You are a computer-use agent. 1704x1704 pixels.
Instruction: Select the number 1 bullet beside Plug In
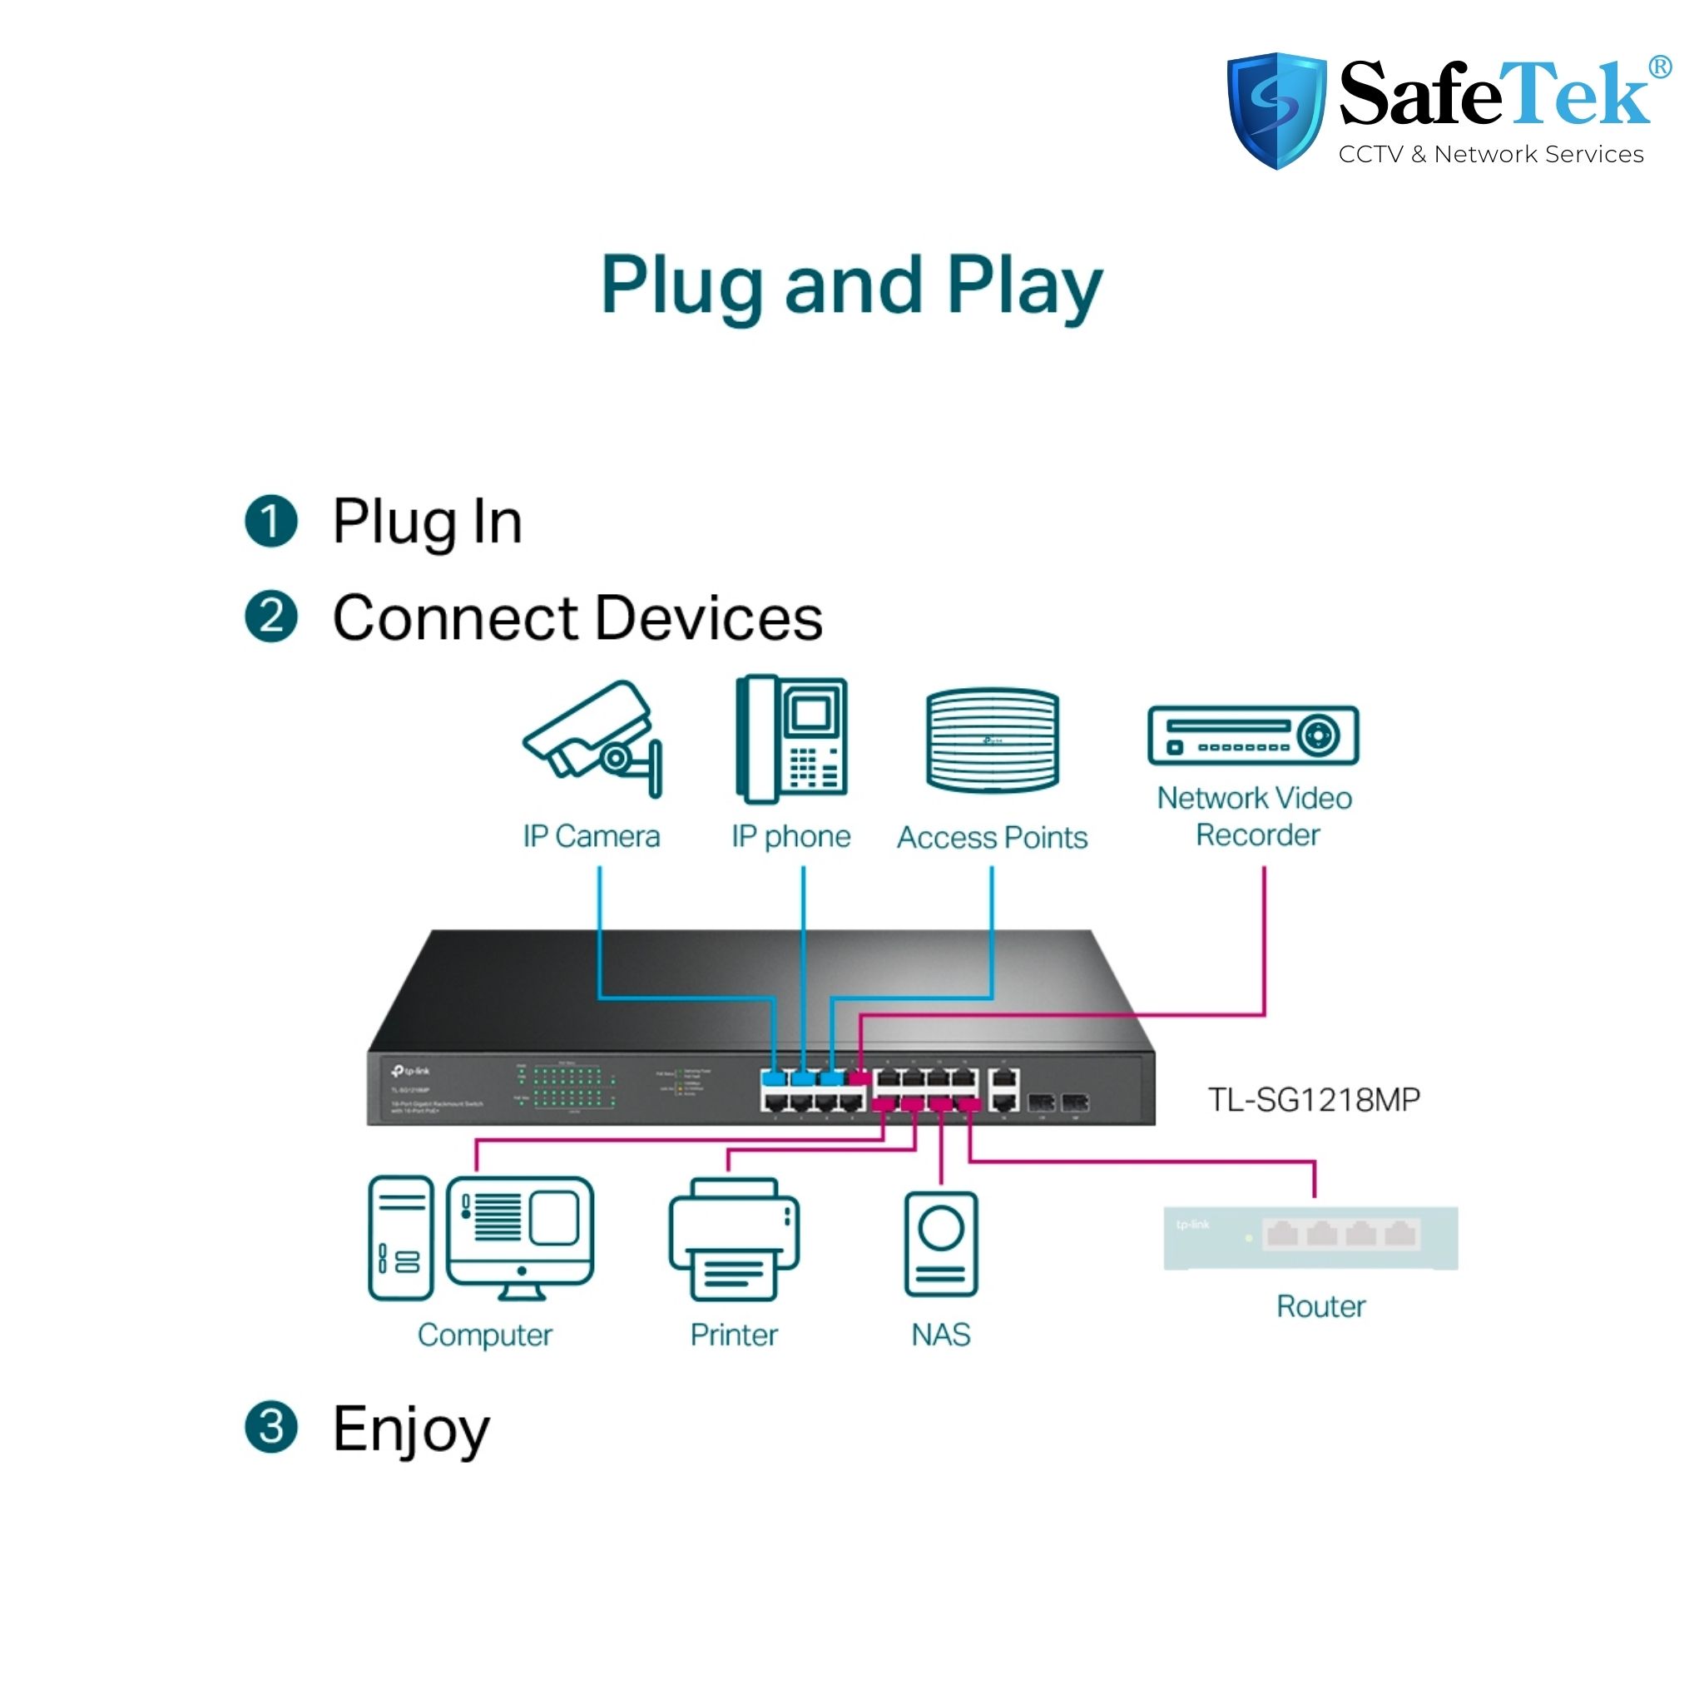[270, 520]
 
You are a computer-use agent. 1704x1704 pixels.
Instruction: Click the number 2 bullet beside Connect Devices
[270, 616]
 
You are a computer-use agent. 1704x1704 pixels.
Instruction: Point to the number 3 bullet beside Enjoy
[270, 1427]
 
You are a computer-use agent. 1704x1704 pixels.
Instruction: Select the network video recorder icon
[1252, 735]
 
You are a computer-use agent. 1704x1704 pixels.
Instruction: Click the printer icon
[734, 1240]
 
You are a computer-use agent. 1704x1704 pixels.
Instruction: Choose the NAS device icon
[941, 1244]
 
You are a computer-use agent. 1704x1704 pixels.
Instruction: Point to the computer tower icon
[400, 1237]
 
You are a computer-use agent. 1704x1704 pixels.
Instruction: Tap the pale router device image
[1310, 1237]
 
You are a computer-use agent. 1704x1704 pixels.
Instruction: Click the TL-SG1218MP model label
[1313, 1100]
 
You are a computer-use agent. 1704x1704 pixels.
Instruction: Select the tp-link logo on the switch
[411, 1072]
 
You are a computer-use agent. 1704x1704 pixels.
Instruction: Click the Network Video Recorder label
[1255, 816]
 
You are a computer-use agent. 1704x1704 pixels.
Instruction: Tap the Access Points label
[993, 837]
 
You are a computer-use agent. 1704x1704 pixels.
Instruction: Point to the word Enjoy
[411, 1429]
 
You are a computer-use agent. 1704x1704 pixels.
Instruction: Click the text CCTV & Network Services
[1490, 155]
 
